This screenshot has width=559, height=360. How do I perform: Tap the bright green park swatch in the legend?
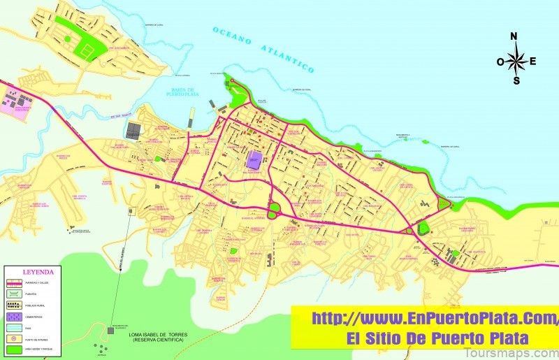pos(13,346)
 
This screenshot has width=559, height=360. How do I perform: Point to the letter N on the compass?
pos(514,36)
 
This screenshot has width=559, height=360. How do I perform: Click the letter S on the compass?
pos(516,80)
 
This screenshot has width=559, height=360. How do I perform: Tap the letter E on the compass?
pos(533,61)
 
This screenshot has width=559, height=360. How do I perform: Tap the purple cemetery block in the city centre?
pos(254,159)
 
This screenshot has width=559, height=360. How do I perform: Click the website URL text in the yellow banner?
pos(423,319)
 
